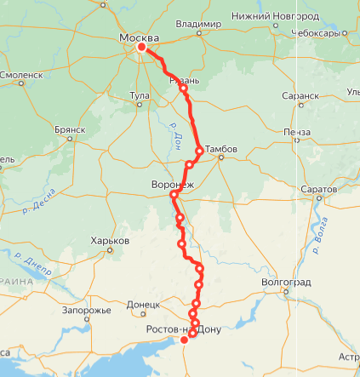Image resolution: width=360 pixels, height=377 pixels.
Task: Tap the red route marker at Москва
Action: click(x=142, y=48)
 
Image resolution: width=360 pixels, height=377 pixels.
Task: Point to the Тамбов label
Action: click(x=221, y=149)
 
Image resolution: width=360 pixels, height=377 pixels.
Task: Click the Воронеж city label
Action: click(x=173, y=184)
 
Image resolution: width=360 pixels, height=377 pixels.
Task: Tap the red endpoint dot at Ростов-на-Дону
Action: click(x=184, y=340)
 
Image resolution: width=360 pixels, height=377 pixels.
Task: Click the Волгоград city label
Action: click(x=287, y=282)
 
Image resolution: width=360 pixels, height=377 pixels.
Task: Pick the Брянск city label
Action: click(x=70, y=129)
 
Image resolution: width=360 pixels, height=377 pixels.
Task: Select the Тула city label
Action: click(x=140, y=94)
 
